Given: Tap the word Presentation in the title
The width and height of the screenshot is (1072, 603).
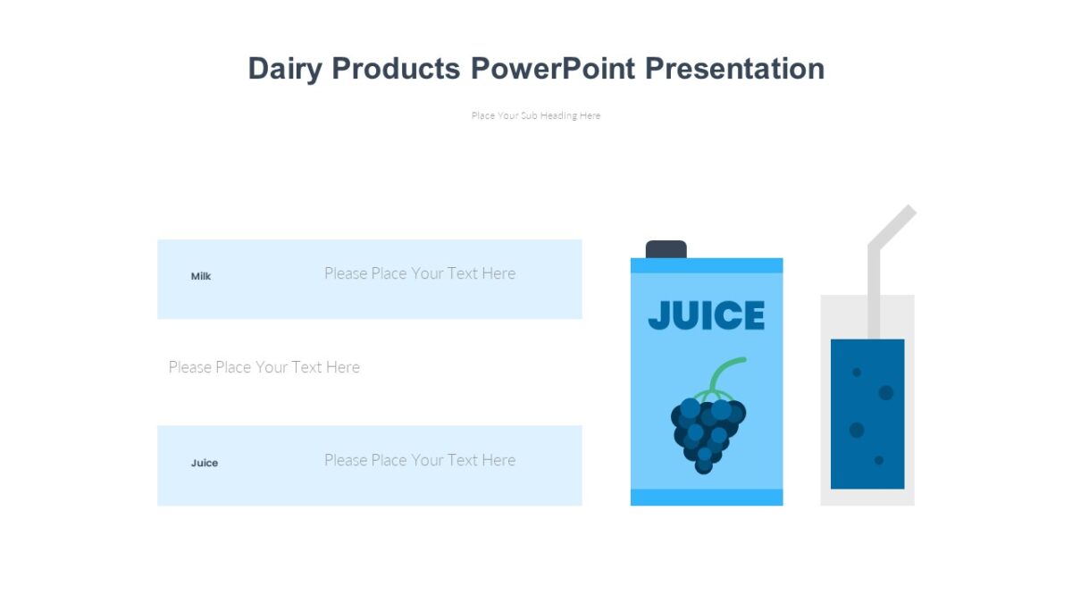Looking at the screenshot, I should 734,69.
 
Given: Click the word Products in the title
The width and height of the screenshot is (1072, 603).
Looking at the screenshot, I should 396,69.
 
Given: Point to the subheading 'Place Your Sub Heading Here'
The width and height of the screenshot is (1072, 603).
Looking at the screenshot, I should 536,115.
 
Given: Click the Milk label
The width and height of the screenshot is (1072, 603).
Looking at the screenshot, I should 201,277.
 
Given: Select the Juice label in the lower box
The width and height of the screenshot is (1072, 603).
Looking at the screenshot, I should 205,464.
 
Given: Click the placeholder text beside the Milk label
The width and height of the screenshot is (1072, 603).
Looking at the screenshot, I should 420,273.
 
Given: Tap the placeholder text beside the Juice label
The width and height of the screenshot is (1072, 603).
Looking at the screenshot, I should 420,460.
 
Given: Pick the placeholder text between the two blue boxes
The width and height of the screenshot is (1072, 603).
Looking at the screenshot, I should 264,367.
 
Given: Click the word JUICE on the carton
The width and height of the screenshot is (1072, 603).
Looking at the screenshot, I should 706,316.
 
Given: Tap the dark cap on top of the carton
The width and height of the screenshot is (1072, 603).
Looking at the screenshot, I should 666,249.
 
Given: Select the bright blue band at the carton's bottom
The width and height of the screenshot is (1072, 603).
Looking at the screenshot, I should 706,497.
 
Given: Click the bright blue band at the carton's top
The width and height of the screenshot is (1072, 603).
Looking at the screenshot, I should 706,265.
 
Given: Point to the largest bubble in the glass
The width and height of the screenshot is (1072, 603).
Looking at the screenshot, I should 886,392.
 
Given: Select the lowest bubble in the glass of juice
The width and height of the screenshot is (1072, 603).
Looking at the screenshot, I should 879,460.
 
